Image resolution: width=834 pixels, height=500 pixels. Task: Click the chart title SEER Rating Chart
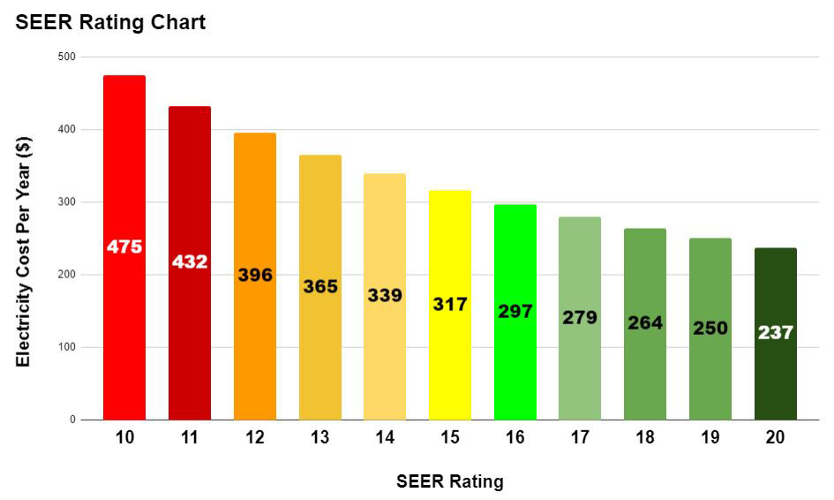[x=110, y=22]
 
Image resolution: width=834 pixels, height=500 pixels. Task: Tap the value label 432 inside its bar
[x=190, y=261]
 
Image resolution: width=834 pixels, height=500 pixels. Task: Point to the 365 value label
[x=319, y=286]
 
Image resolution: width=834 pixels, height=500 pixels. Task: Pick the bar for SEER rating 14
[x=385, y=353]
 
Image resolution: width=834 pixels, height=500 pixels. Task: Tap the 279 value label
[x=580, y=317]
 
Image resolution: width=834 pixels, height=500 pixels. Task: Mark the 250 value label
[x=710, y=328]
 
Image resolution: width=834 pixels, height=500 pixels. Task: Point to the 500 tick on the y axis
[x=66, y=57]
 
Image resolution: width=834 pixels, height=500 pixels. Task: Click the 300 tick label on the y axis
[x=66, y=202]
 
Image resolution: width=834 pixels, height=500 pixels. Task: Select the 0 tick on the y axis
[x=72, y=420]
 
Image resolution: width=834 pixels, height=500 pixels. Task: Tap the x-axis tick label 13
[x=319, y=438]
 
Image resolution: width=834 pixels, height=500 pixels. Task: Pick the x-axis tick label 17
[x=580, y=438]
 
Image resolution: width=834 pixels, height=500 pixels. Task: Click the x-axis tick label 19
[x=710, y=438]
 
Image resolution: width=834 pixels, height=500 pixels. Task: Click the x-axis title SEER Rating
[x=450, y=481]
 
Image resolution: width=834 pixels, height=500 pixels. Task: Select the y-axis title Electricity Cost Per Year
[x=24, y=252]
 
